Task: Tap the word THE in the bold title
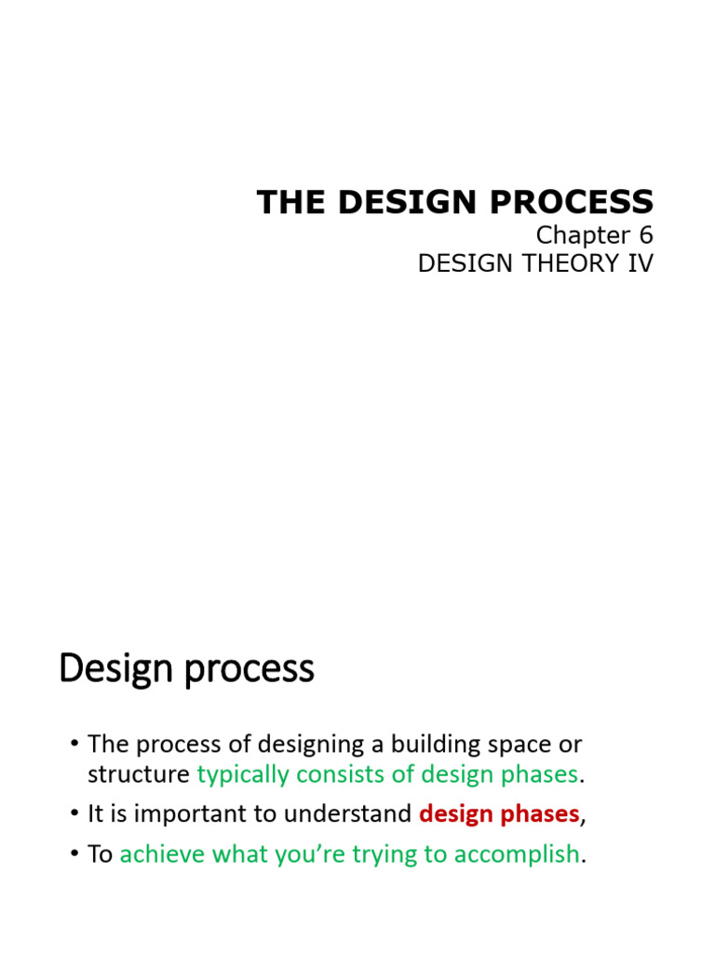click(282, 202)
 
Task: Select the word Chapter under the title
click(580, 236)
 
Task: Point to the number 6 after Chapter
click(644, 236)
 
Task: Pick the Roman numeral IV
click(641, 264)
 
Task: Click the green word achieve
click(155, 854)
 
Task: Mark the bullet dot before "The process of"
click(74, 745)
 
